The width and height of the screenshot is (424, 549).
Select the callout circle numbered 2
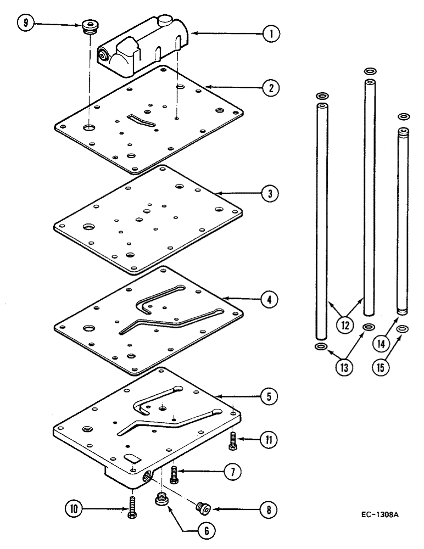269,87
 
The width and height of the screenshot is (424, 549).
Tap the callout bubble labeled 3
269,193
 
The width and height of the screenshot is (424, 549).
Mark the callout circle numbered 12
345,325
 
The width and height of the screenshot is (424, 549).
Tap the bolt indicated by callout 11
232,441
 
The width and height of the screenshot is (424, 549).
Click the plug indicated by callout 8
203,507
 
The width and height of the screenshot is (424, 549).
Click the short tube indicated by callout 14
404,220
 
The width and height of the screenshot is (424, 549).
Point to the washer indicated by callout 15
404,329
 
